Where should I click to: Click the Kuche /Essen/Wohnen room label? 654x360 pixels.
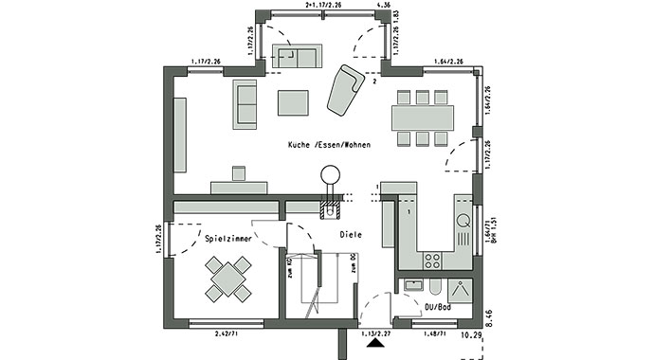329,145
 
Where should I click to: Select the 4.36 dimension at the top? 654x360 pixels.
384,6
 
